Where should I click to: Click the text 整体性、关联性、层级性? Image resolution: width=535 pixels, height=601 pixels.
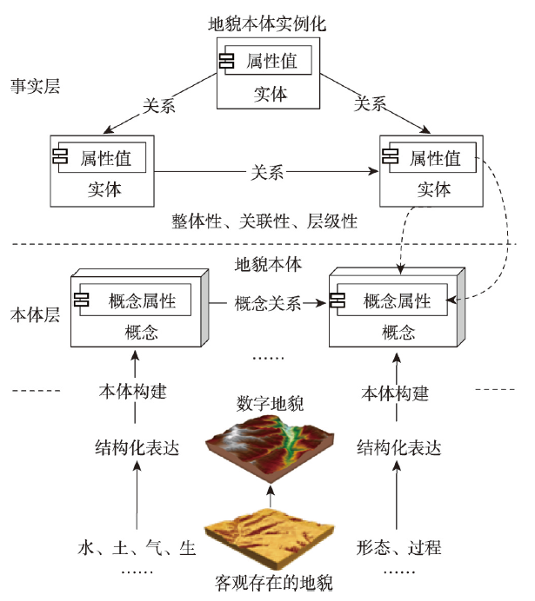tap(265, 221)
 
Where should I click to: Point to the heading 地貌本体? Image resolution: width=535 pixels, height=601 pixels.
tap(268, 264)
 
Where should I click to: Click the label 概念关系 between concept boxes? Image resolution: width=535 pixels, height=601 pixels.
tap(268, 304)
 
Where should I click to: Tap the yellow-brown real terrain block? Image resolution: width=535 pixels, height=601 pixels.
tap(271, 536)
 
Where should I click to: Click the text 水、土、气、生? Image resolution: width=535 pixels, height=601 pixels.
tap(137, 548)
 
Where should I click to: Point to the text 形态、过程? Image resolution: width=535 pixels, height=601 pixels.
tap(400, 548)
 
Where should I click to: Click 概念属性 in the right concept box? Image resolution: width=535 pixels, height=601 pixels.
tap(398, 301)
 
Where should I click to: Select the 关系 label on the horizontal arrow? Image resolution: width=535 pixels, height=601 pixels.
tap(267, 171)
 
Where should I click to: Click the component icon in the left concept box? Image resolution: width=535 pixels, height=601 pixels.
tap(84, 300)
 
